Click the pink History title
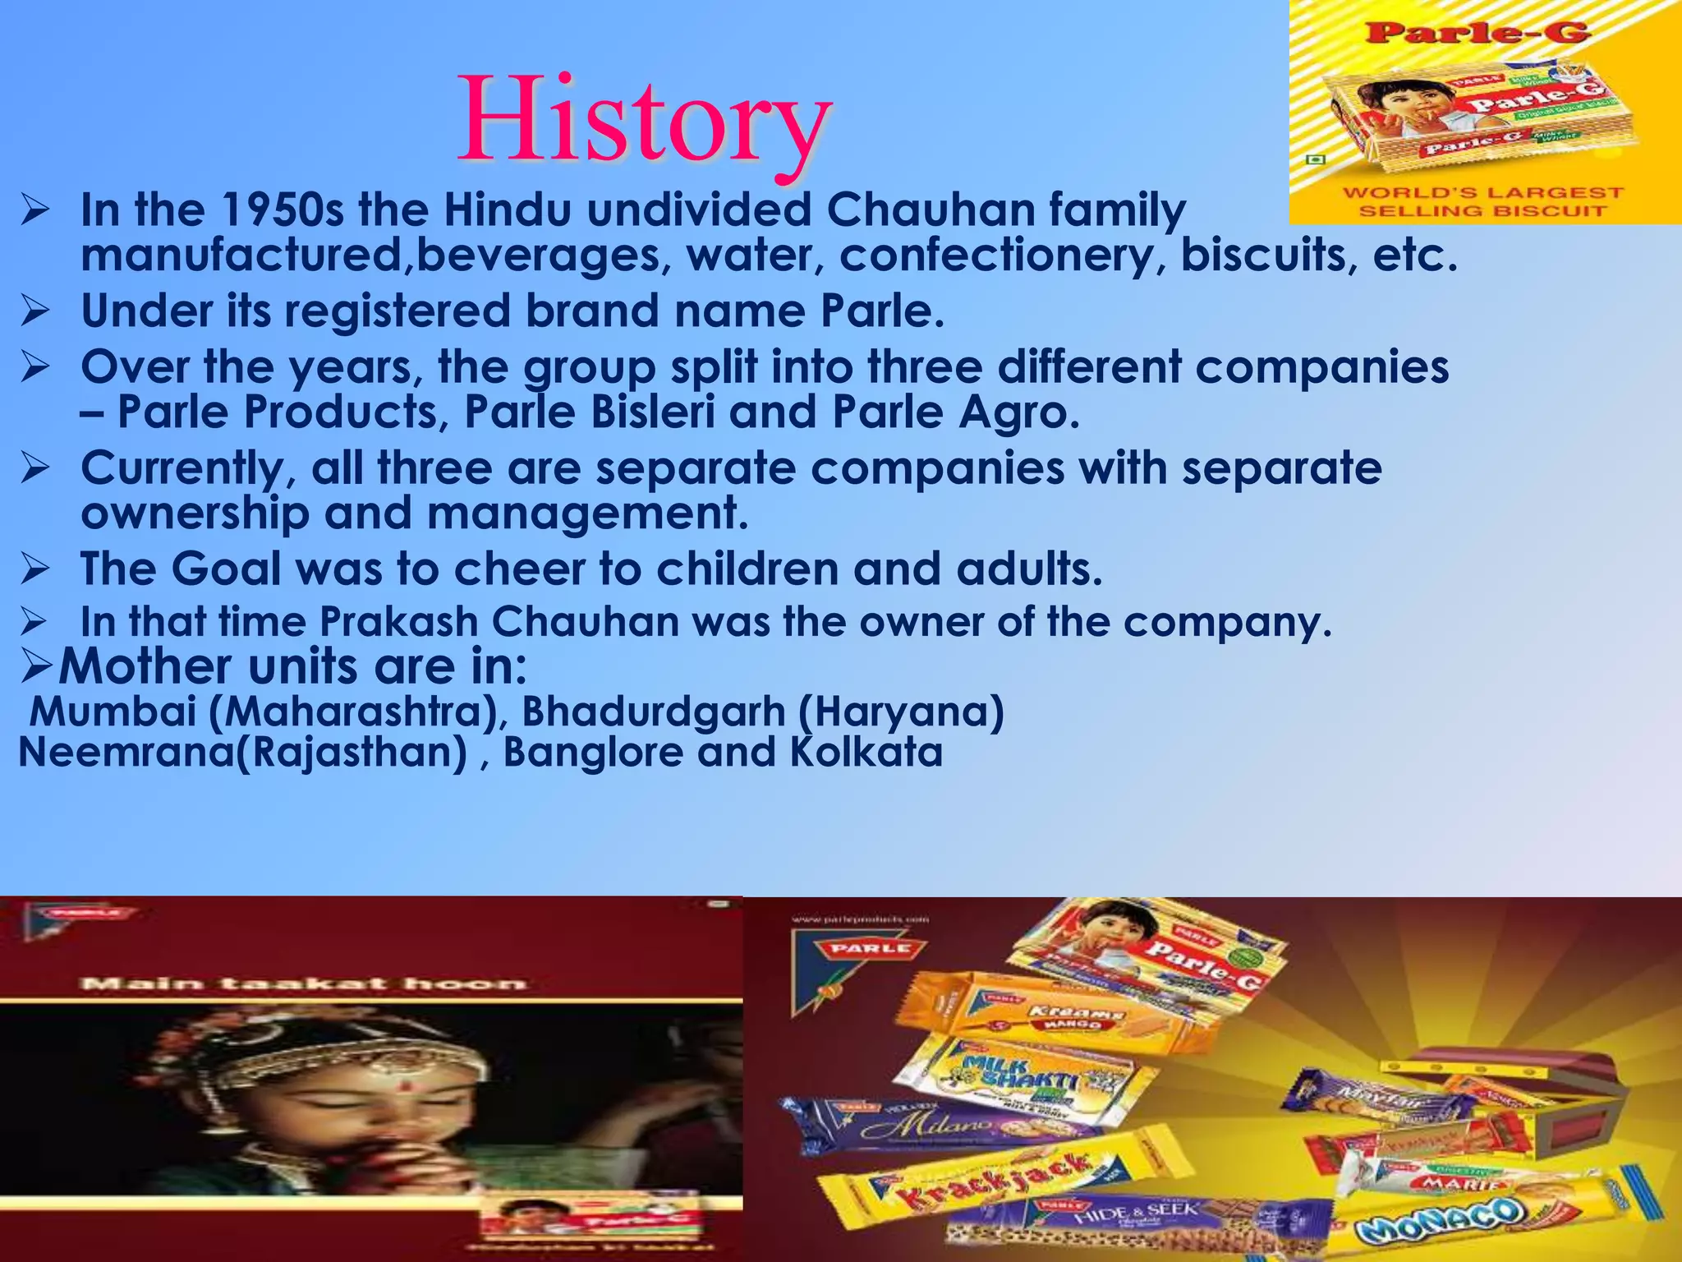tap(645, 122)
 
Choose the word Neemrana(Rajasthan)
tap(243, 752)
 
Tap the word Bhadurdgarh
tap(654, 711)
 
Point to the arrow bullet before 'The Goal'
tap(36, 569)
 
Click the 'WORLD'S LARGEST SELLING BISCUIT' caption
tap(1482, 202)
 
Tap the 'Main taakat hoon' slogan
tap(302, 983)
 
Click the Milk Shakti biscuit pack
tap(1018, 1076)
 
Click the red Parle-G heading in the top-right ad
tap(1477, 33)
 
